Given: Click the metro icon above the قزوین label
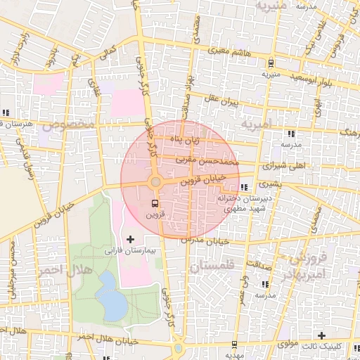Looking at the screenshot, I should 155,202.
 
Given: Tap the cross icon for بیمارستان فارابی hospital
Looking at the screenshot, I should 129,240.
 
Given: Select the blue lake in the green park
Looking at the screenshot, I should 110,295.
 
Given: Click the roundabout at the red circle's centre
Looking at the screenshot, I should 155,183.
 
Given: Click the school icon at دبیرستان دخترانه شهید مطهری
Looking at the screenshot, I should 244,187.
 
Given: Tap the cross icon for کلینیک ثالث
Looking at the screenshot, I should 321,335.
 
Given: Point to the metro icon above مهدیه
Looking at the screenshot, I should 233,345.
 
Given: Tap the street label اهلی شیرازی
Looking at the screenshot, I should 269,167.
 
